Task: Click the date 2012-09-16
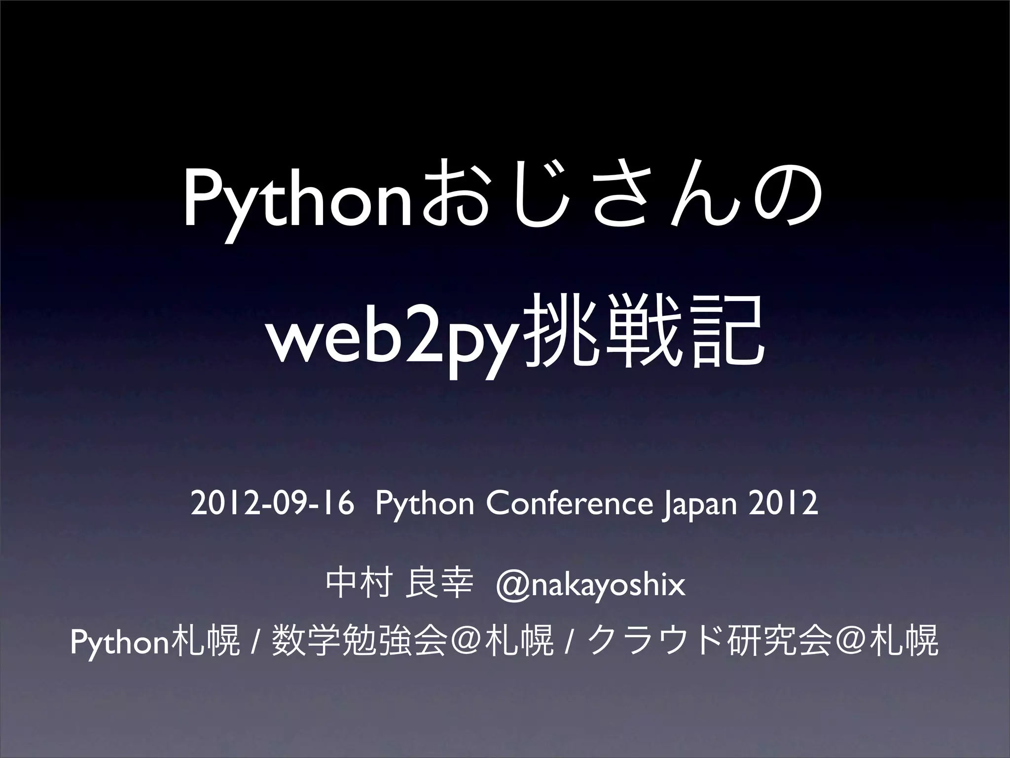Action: coord(272,505)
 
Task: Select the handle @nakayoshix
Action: coord(591,586)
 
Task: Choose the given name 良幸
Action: coord(439,586)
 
